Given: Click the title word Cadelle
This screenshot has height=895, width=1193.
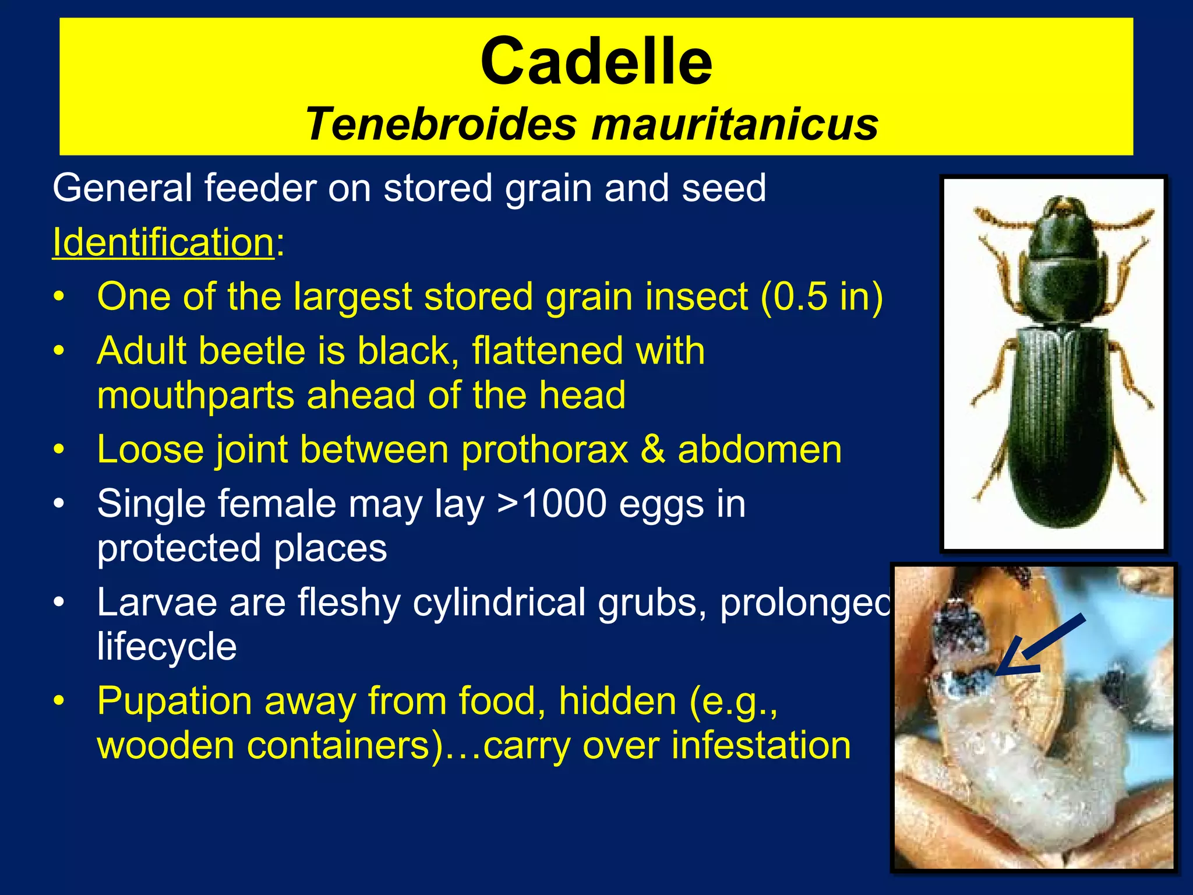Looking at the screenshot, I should point(596,61).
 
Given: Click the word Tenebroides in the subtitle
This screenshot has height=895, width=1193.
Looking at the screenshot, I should point(441,124).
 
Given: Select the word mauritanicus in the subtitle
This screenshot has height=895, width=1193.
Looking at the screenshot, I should point(735,124).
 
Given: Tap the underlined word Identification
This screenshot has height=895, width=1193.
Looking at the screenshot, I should point(163,242).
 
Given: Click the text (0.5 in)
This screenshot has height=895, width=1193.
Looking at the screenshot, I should point(821,296).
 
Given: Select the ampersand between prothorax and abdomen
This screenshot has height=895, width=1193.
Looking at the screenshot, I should point(653,450).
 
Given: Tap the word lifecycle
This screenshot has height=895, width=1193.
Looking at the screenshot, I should point(167,647).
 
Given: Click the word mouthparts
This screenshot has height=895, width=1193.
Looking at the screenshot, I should point(196,395).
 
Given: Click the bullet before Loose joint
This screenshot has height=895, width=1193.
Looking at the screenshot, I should point(59,450).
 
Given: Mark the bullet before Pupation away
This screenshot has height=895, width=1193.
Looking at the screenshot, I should point(59,701).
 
